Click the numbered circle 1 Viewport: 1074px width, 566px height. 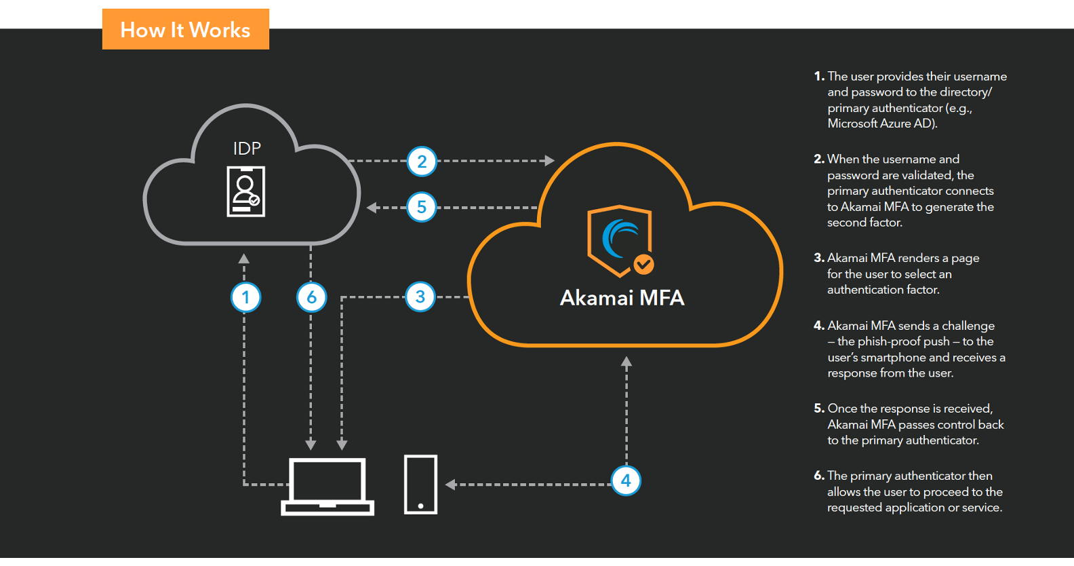point(245,297)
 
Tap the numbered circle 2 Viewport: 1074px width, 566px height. point(422,162)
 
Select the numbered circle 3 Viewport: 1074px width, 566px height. point(420,297)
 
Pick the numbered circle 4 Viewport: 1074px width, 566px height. point(626,481)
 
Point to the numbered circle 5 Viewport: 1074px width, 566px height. point(421,207)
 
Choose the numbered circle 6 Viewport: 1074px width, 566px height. point(311,297)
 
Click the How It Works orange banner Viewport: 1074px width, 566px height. point(185,30)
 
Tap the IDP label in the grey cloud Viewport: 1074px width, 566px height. point(247,149)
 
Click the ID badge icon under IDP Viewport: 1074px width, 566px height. point(245,192)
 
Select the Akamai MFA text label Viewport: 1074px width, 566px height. point(622,298)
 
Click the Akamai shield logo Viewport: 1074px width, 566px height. point(619,239)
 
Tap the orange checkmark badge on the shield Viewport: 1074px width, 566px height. point(643,264)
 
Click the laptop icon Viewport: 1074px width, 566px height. point(327,486)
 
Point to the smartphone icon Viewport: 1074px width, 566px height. point(420,485)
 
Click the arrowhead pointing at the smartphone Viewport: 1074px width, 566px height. point(450,485)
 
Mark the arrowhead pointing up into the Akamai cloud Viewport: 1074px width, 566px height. point(626,362)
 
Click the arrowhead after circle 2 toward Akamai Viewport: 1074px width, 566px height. point(549,161)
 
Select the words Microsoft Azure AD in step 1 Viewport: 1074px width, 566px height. point(881,124)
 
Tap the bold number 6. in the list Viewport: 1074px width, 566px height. point(819,476)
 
